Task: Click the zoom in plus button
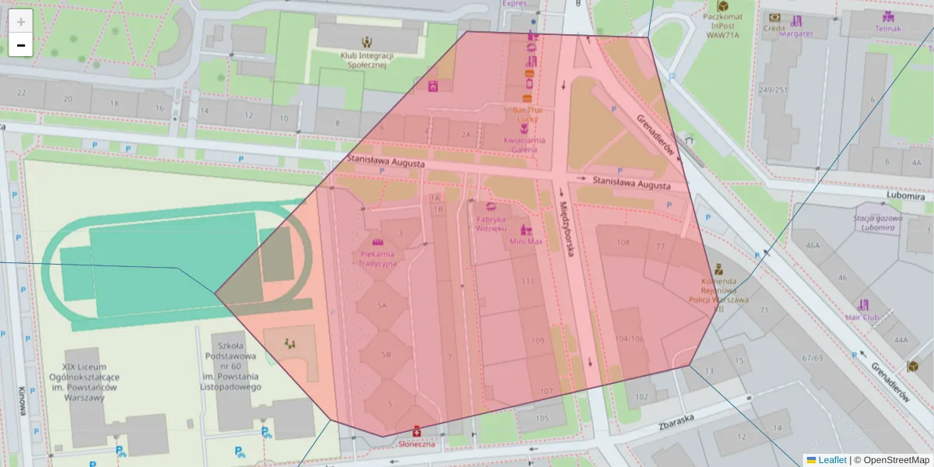(x=21, y=21)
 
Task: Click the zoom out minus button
(x=21, y=45)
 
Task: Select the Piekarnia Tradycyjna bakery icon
(x=377, y=243)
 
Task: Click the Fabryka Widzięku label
(x=492, y=223)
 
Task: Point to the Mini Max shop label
(x=526, y=241)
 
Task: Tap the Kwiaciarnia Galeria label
(x=525, y=144)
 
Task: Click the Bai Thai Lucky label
(x=527, y=115)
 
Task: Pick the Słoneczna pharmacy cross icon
(x=416, y=430)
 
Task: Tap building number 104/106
(x=629, y=339)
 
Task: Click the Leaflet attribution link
(x=831, y=460)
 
